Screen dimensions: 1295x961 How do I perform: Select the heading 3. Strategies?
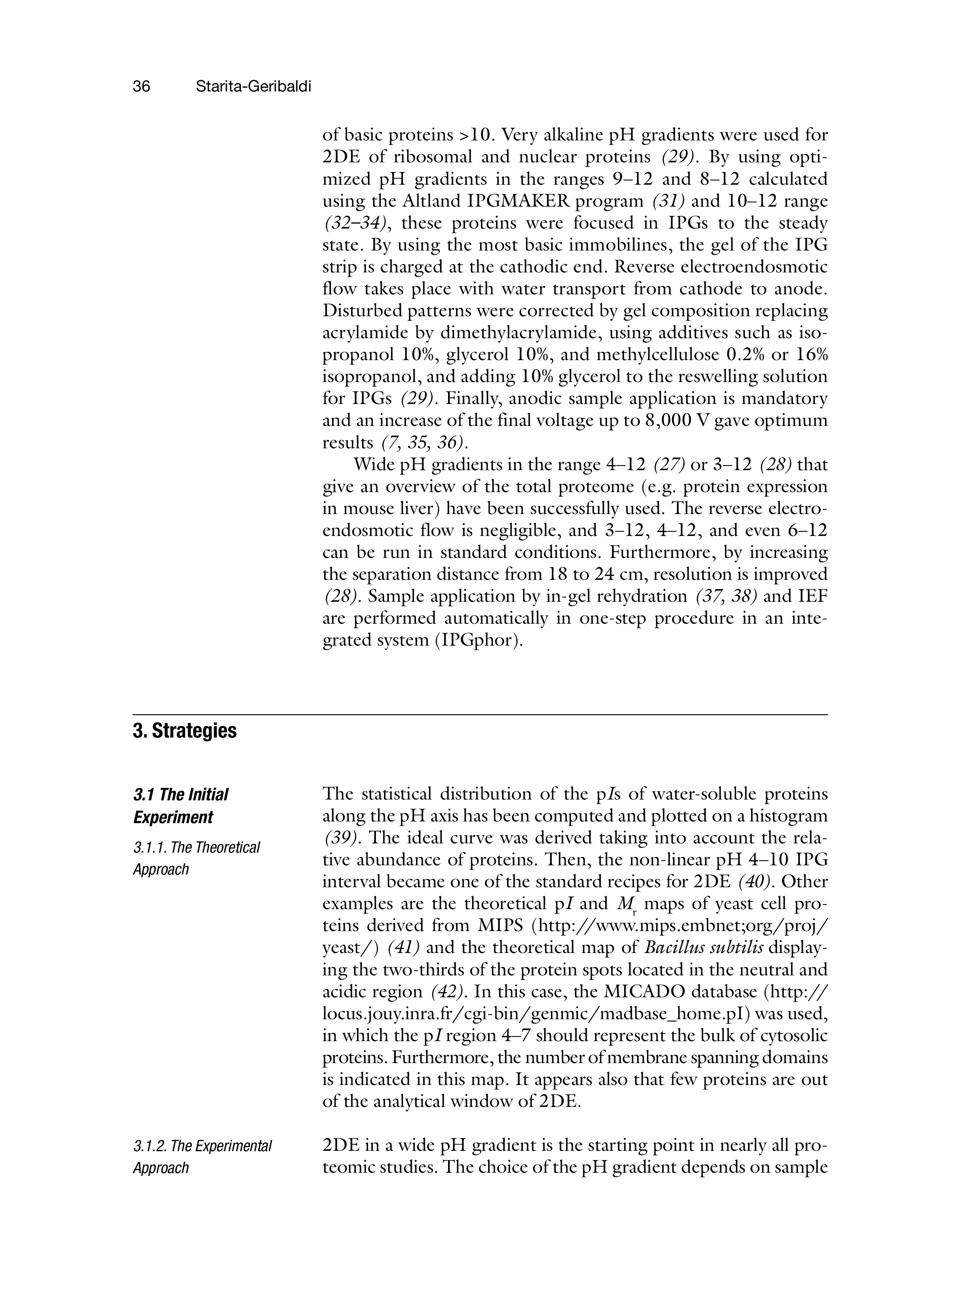(185, 731)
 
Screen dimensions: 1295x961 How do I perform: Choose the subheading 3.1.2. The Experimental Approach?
(202, 1157)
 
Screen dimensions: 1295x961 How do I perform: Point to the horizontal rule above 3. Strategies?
(480, 714)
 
